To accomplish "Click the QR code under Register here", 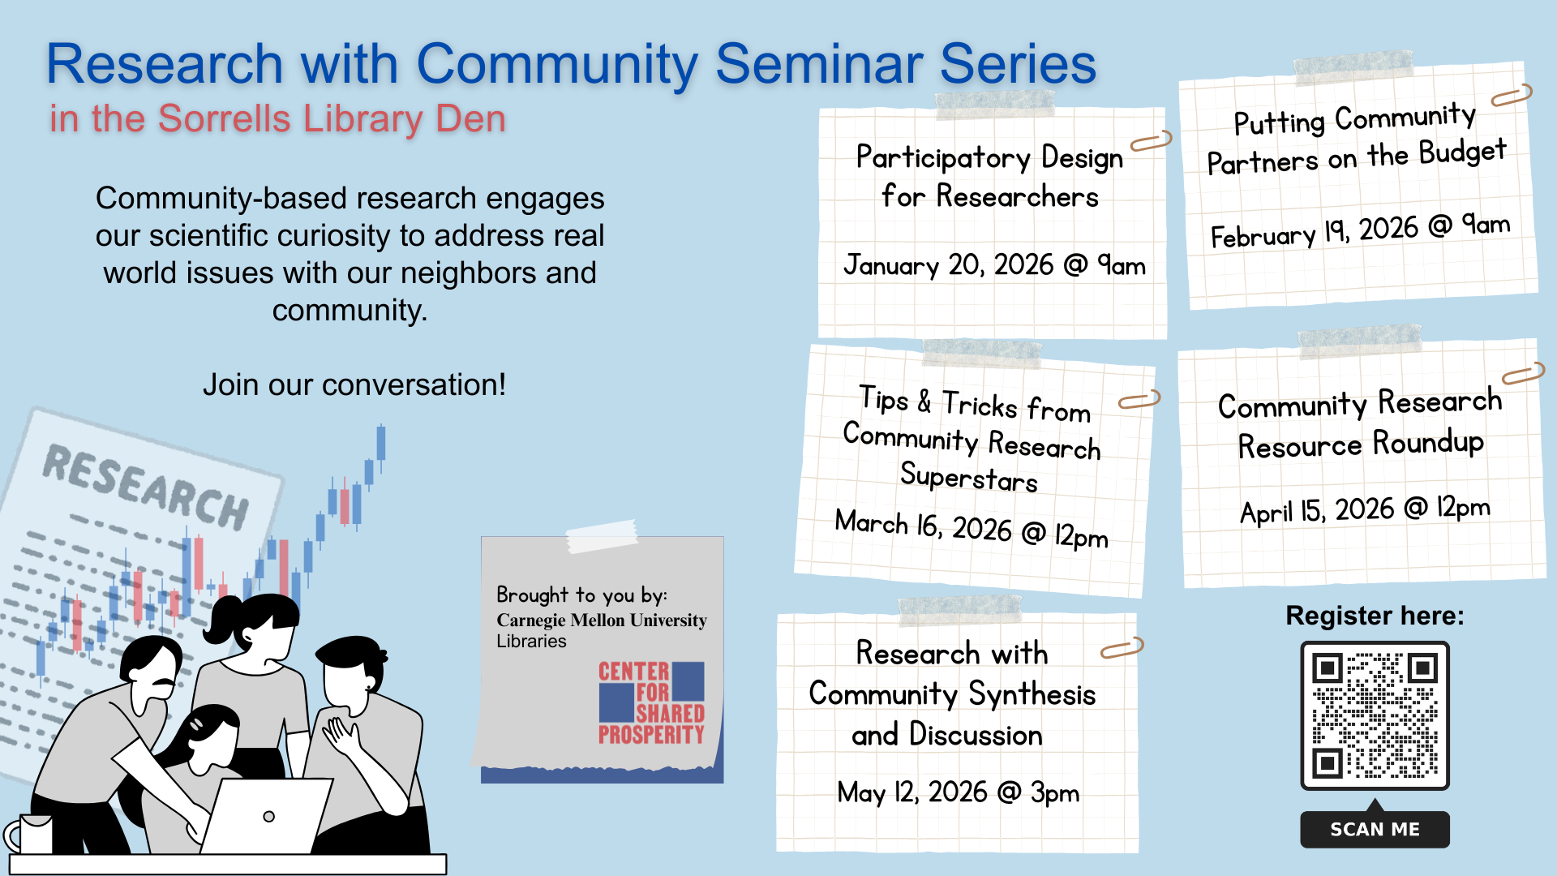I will click(1375, 715).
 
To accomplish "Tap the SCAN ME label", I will click(1375, 829).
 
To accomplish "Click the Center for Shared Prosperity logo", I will click(651, 703).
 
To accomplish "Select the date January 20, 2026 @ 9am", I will click(994, 265).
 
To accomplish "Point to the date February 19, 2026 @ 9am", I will click(1360, 230).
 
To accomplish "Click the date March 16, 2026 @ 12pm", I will click(971, 529).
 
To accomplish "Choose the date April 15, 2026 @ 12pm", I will click(1365, 510).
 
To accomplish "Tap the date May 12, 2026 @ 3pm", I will click(958, 792).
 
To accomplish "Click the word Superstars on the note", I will click(968, 477).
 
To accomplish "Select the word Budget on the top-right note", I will click(1462, 152).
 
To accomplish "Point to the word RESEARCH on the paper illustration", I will click(146, 487).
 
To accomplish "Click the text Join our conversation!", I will click(354, 384).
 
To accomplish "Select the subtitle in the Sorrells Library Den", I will click(277, 119).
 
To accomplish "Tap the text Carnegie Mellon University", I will click(601, 620).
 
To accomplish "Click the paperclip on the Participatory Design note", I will click(1151, 142).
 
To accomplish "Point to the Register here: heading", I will click(1375, 616).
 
